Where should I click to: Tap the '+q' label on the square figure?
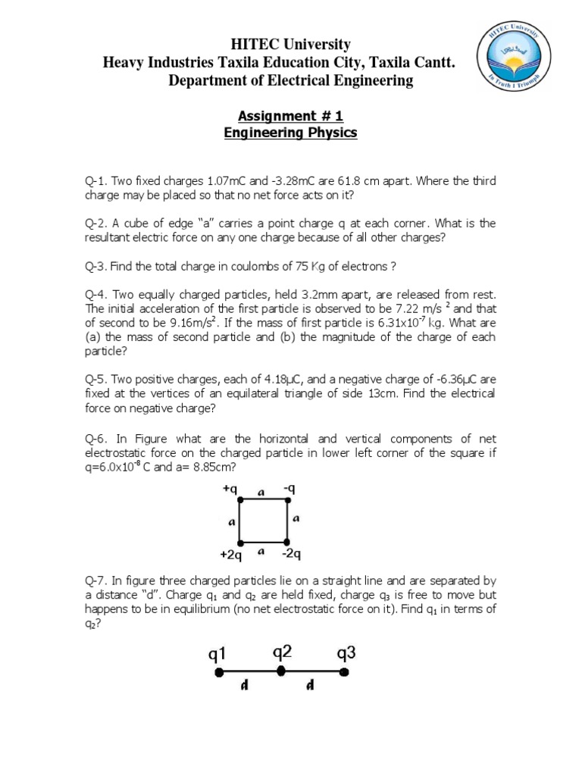pos(230,490)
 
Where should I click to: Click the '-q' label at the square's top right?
pos(289,490)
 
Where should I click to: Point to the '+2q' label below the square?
pos(230,555)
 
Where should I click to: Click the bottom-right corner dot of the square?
pos(286,543)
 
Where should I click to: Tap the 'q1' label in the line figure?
pos(217,653)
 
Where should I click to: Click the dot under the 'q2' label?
pos(281,671)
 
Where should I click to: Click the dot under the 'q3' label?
pos(344,671)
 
